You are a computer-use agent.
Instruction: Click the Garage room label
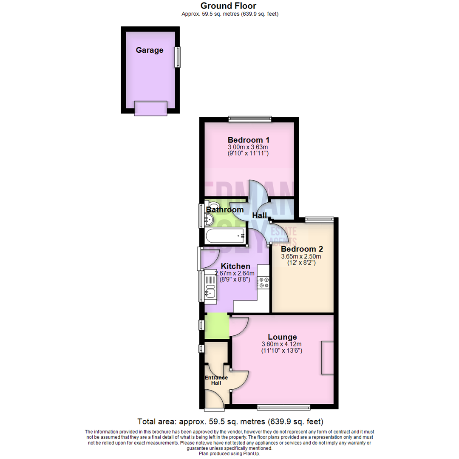click(150, 50)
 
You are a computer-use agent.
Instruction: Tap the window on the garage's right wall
click(178, 57)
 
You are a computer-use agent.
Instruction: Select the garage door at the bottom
click(150, 108)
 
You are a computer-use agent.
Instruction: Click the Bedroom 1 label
click(249, 140)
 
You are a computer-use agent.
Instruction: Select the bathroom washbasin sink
click(209, 219)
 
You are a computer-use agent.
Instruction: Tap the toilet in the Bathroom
click(211, 204)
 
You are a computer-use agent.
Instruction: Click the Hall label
click(259, 215)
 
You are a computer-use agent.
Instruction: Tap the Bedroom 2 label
click(299, 249)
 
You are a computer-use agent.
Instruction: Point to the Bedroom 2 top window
click(319, 219)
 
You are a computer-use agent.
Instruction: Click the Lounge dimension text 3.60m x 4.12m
click(281, 344)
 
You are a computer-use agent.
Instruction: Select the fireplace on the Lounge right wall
click(327, 357)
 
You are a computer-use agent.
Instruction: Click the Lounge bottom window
click(283, 408)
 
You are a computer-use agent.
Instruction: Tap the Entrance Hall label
click(216, 380)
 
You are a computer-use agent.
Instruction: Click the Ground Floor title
click(228, 6)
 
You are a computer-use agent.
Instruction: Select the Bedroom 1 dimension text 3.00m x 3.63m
click(249, 147)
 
